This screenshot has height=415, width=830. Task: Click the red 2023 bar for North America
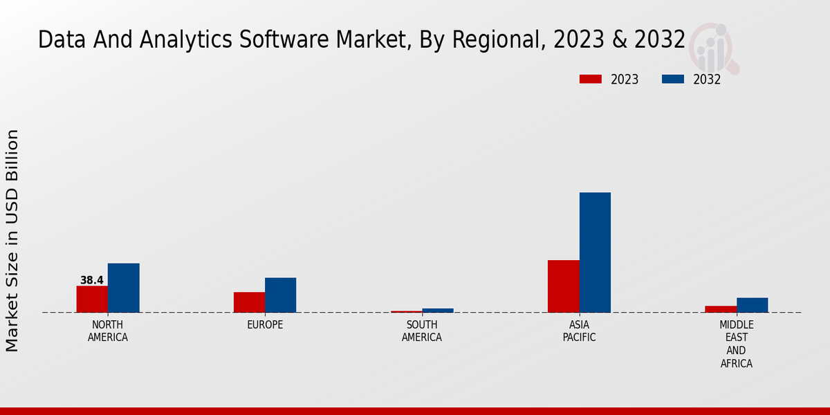coord(92,299)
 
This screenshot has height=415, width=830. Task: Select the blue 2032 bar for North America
coord(123,288)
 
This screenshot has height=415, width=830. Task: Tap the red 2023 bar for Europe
coord(249,302)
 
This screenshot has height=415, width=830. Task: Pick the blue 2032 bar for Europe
coord(280,295)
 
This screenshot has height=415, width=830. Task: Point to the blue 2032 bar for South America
coord(438,311)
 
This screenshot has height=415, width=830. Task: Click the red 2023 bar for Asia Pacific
coord(563,286)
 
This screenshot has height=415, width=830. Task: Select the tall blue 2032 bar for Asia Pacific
coord(595,252)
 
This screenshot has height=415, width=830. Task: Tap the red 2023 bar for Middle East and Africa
coord(721,309)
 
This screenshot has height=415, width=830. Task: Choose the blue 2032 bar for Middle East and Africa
coord(752,305)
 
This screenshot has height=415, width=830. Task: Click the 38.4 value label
coord(91,280)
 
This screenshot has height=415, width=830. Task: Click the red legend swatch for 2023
coord(590,79)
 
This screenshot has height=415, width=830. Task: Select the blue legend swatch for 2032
coord(672,79)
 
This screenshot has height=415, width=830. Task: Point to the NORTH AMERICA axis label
coord(107,331)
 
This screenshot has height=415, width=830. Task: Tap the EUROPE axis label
coord(265,325)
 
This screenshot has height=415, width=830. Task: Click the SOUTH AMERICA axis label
coord(422,331)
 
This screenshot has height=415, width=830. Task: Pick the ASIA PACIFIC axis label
coord(579,331)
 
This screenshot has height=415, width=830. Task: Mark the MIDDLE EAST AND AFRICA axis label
coord(736,344)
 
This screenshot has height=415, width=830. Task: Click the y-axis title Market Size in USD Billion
coord(12,240)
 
